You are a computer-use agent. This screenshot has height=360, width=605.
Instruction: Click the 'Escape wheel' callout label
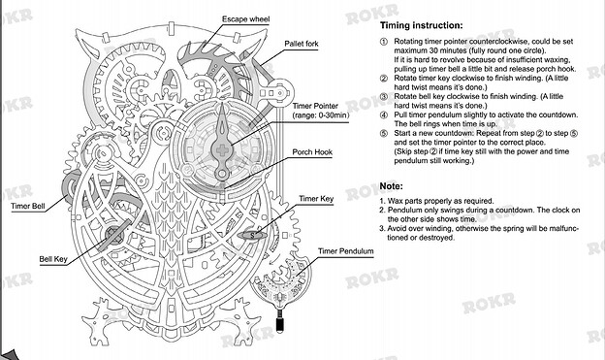[246, 19]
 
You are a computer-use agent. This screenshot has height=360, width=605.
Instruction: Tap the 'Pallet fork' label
[302, 44]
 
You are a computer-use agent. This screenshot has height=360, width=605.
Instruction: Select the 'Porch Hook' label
[312, 152]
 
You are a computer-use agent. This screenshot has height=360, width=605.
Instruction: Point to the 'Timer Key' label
[316, 199]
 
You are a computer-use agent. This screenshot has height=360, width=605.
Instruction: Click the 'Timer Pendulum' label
[346, 251]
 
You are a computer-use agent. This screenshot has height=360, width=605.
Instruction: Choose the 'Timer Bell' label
[28, 206]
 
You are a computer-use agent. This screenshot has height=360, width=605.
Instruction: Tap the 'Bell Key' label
[53, 259]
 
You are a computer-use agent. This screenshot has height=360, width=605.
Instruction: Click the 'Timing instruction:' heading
[422, 25]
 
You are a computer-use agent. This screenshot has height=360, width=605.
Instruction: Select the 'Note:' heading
[392, 186]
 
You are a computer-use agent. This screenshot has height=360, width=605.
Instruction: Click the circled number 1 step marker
[384, 42]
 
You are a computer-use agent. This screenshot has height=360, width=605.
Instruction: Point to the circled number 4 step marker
[384, 115]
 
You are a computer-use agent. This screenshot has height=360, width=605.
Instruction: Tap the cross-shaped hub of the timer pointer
[222, 150]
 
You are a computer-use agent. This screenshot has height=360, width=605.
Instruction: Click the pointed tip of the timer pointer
[222, 103]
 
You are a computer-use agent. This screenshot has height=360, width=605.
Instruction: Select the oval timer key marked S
[252, 235]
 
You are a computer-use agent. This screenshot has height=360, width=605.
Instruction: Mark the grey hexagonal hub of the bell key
[113, 235]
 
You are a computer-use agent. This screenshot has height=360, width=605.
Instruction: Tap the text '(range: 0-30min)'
[321, 115]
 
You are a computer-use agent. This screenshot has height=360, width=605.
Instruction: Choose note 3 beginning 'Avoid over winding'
[479, 233]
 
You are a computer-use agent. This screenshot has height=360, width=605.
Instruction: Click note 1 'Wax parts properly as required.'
[436, 201]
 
